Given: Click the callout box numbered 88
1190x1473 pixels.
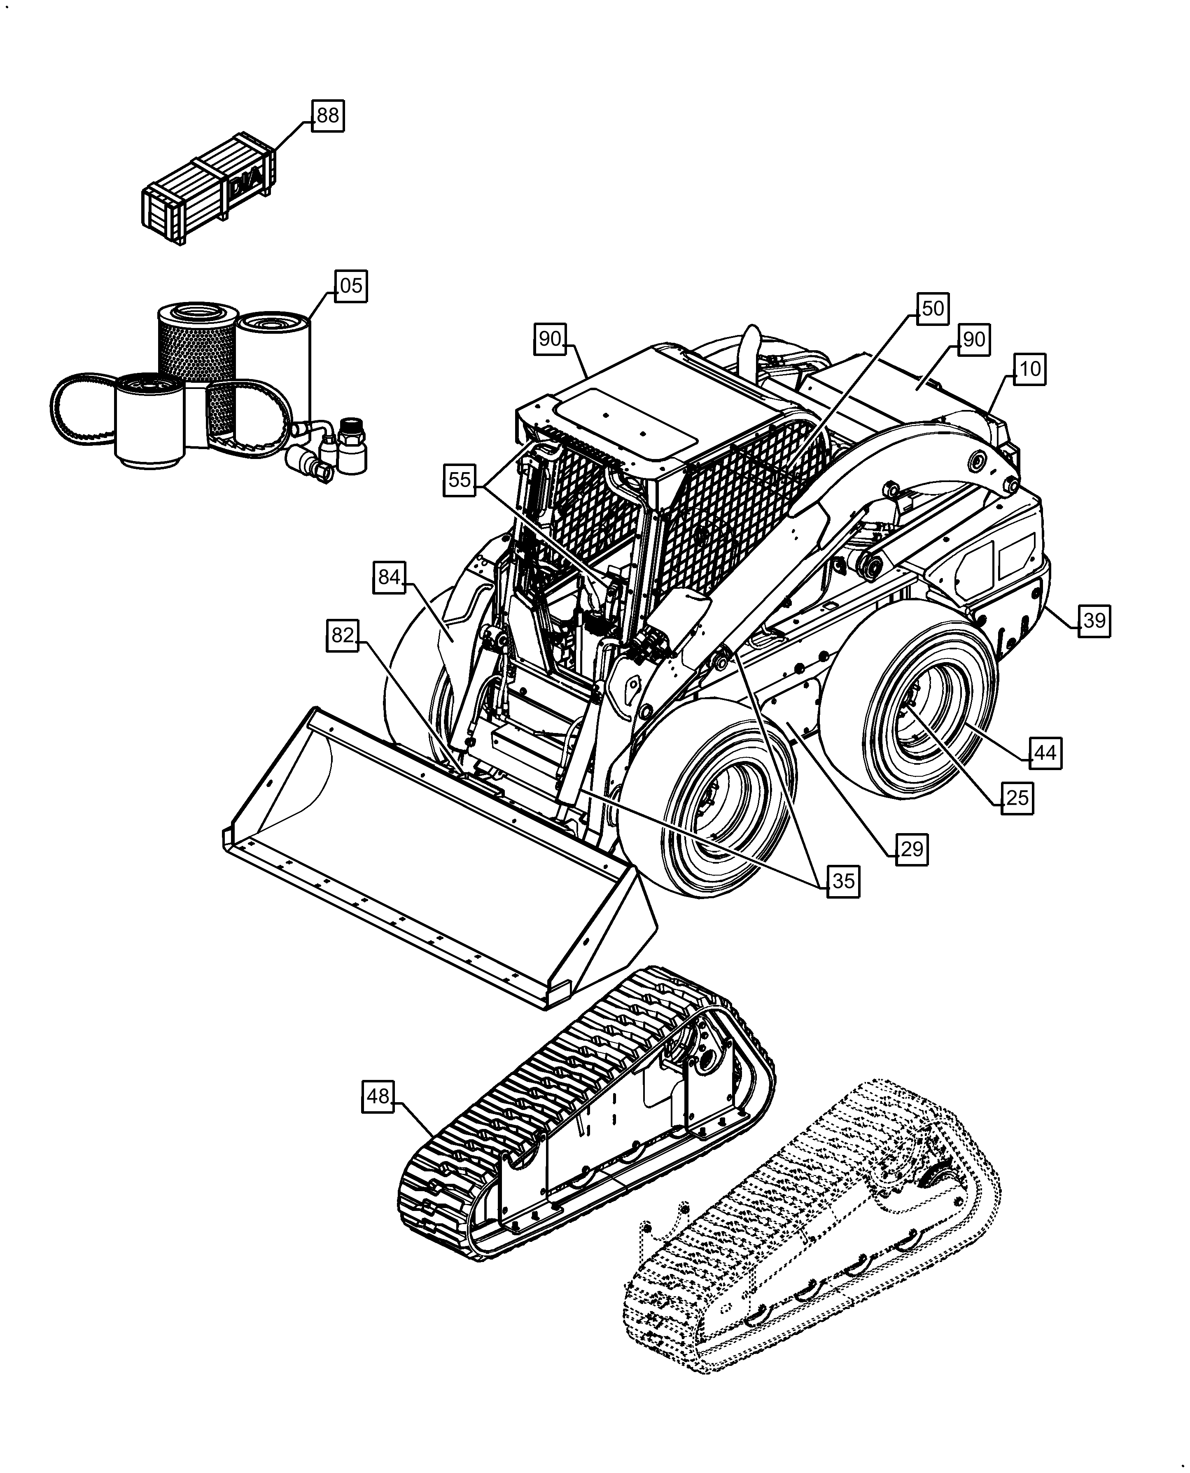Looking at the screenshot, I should [328, 115].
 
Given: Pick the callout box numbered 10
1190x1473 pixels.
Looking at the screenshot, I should [1029, 370].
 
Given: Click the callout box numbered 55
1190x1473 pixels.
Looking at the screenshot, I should [459, 479].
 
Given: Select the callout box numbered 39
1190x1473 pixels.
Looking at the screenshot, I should [1094, 621].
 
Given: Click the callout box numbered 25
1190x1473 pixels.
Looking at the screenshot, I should [1017, 798].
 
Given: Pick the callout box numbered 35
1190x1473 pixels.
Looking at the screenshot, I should [843, 881].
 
